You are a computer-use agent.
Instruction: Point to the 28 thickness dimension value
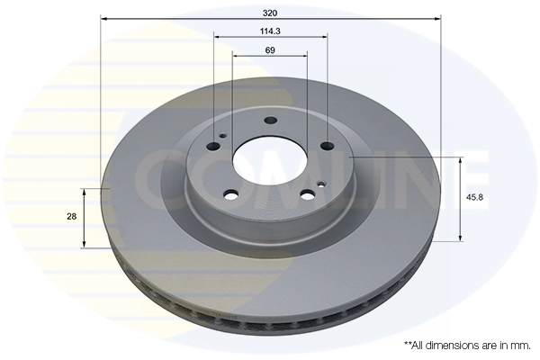tap(71, 217)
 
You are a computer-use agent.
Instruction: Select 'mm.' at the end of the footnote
tap(518, 345)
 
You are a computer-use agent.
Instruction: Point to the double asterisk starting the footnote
tap(408, 344)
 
